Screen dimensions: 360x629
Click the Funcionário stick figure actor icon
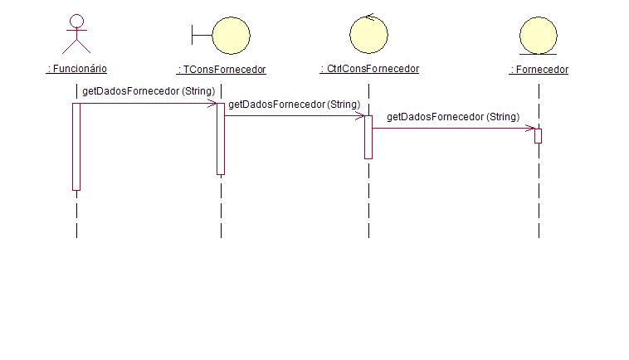tap(76, 35)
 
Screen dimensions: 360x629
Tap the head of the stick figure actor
tap(76, 21)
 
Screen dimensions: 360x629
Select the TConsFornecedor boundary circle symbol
tap(231, 34)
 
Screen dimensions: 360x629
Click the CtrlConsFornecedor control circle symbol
tap(369, 33)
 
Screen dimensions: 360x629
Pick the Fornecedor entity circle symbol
tap(539, 35)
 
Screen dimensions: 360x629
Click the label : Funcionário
tap(76, 70)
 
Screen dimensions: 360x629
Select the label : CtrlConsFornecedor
tap(369, 70)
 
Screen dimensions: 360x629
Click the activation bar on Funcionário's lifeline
tap(76, 146)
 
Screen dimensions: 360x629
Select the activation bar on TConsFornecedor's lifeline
tap(221, 139)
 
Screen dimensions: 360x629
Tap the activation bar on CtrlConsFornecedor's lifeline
tap(368, 137)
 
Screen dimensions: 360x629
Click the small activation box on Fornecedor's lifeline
tap(538, 135)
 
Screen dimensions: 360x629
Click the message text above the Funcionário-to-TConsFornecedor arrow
tap(149, 91)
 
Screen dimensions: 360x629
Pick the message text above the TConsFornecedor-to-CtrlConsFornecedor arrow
tap(294, 105)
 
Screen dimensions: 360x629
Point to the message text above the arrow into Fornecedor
tap(453, 117)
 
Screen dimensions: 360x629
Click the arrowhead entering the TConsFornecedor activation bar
tap(213, 103)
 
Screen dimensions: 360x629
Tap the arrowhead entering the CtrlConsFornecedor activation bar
tap(360, 115)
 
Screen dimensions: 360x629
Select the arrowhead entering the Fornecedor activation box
tap(530, 129)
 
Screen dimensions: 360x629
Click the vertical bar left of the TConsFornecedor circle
tap(193, 34)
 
